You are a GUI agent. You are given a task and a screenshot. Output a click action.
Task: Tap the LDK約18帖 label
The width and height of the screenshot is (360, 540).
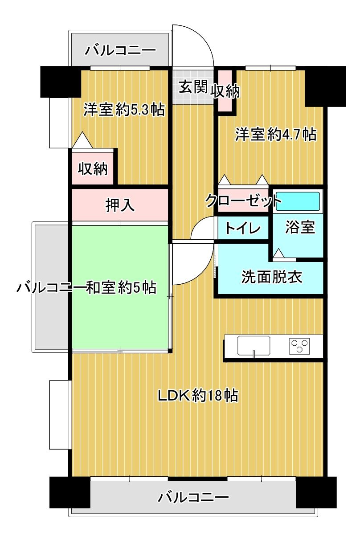[x=197, y=395]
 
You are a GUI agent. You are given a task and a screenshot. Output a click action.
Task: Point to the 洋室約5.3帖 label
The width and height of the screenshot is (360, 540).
[x=124, y=109]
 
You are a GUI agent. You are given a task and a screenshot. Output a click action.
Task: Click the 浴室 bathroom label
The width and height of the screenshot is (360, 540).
[x=300, y=227]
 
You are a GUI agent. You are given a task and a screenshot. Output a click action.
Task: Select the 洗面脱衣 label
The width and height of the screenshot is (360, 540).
[x=271, y=277]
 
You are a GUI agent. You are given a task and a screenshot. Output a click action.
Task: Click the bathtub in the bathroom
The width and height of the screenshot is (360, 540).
[x=297, y=201]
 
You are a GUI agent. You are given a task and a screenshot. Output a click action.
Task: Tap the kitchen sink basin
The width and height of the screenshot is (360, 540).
[x=254, y=345]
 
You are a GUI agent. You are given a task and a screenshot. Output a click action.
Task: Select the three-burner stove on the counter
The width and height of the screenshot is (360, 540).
[x=300, y=346]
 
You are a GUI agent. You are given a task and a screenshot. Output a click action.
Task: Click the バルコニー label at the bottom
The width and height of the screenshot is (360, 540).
[x=193, y=496]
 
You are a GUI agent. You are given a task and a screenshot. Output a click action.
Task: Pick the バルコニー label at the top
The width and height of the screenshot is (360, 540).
[x=120, y=49]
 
